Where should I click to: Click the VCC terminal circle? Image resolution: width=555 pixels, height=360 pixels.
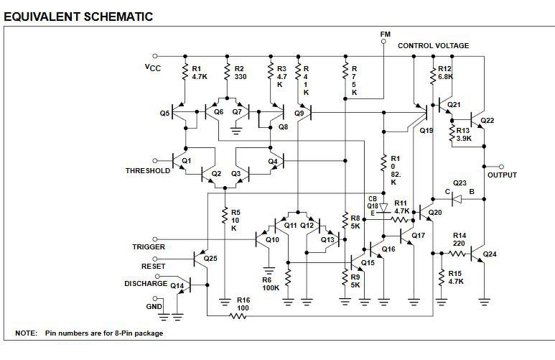(154, 56)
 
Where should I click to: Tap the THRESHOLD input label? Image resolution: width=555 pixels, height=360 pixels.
(148, 171)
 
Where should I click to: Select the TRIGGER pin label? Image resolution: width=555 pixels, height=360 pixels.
(149, 247)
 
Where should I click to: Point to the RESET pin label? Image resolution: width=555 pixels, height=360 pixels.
(153, 266)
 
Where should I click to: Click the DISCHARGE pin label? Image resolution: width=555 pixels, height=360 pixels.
(146, 283)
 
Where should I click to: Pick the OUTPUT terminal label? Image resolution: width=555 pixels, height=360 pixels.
(502, 175)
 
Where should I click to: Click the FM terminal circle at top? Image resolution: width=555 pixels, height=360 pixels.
(383, 42)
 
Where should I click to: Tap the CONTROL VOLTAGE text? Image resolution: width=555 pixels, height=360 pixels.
(433, 46)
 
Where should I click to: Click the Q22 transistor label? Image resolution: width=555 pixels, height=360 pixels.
(487, 121)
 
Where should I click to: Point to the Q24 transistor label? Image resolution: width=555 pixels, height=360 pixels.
(490, 254)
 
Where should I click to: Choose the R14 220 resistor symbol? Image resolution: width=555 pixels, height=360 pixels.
(457, 254)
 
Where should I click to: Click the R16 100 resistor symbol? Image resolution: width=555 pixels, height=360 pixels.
(238, 315)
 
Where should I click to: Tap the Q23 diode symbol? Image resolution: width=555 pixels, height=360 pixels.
(457, 200)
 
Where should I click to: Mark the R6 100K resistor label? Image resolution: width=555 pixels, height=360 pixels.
(271, 284)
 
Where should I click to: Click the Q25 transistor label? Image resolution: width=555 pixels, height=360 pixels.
(210, 258)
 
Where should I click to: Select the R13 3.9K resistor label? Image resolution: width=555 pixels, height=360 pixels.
(463, 134)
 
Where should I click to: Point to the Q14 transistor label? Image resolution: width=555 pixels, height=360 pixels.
(177, 285)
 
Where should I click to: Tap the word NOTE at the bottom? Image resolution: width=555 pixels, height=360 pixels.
(26, 333)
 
